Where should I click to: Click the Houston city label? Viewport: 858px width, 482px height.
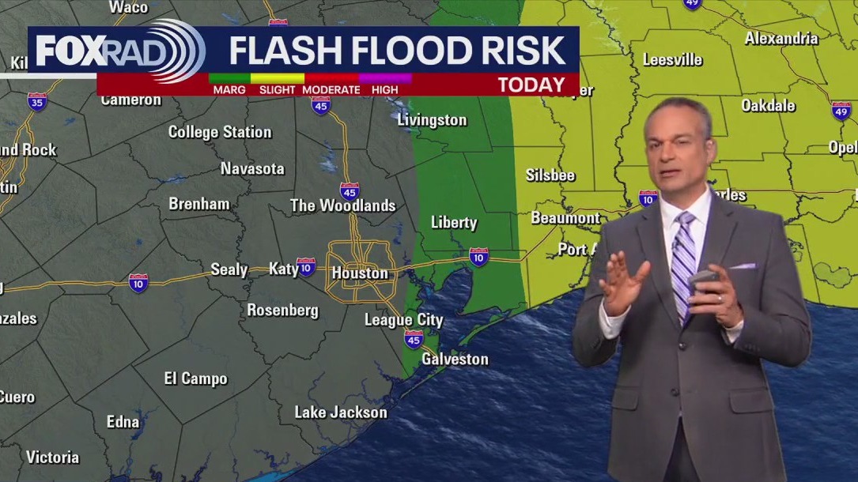(360, 273)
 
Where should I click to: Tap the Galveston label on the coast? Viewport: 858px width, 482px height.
(455, 359)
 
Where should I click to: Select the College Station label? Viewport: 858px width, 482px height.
(220, 132)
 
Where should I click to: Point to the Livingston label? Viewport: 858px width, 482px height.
(432, 120)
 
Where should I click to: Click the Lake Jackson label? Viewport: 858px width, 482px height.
(341, 412)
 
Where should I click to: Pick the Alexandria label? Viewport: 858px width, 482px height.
(781, 38)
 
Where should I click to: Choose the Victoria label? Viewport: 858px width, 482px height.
(53, 458)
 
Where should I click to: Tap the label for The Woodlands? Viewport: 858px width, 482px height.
(342, 205)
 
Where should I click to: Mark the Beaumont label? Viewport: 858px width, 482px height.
(565, 217)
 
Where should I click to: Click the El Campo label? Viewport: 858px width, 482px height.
(195, 379)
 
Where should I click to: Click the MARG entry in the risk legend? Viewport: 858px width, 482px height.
(229, 90)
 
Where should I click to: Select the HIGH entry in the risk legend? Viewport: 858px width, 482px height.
(385, 90)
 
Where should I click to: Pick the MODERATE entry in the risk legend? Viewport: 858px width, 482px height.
(331, 90)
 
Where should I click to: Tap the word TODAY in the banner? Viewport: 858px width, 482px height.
(531, 85)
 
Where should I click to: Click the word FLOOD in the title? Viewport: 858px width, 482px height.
(395, 51)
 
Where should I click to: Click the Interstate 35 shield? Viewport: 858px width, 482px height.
(37, 101)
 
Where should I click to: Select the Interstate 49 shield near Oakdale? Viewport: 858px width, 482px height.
(841, 110)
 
